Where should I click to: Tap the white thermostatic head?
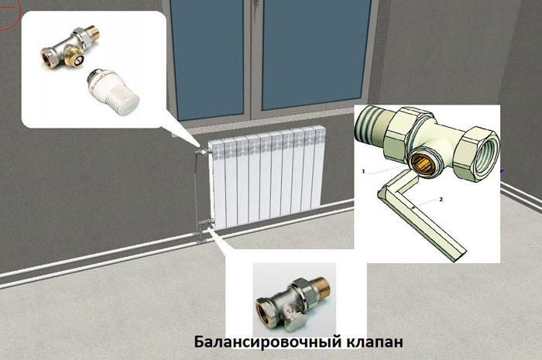113,91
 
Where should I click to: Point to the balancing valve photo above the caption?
293,300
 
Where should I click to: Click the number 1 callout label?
363,171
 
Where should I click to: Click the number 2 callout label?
441,199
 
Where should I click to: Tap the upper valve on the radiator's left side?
204,151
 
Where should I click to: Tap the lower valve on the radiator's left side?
205,221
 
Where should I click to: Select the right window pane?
315,55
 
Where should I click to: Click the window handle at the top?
256,3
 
